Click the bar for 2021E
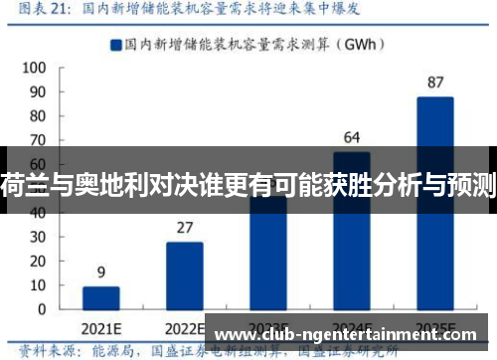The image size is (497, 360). (x=100, y=298)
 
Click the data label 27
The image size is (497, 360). (x=184, y=227)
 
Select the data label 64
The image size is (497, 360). (x=352, y=136)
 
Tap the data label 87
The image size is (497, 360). (x=435, y=82)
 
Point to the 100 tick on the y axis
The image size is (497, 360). (x=34, y=69)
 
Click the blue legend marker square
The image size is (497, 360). (x=115, y=44)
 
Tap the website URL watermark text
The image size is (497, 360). (x=354, y=333)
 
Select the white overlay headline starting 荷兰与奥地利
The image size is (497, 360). (x=248, y=181)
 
